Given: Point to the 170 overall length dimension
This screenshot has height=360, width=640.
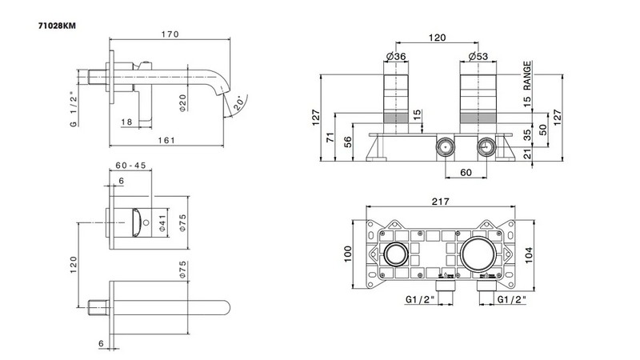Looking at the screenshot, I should (170, 34).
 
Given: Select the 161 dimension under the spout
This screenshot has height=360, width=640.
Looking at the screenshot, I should (166, 139).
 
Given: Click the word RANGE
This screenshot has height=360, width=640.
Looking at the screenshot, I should (528, 74).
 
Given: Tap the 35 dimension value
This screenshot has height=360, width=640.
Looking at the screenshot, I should (528, 135).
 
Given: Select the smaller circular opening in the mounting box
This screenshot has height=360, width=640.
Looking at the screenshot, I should (394, 257).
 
